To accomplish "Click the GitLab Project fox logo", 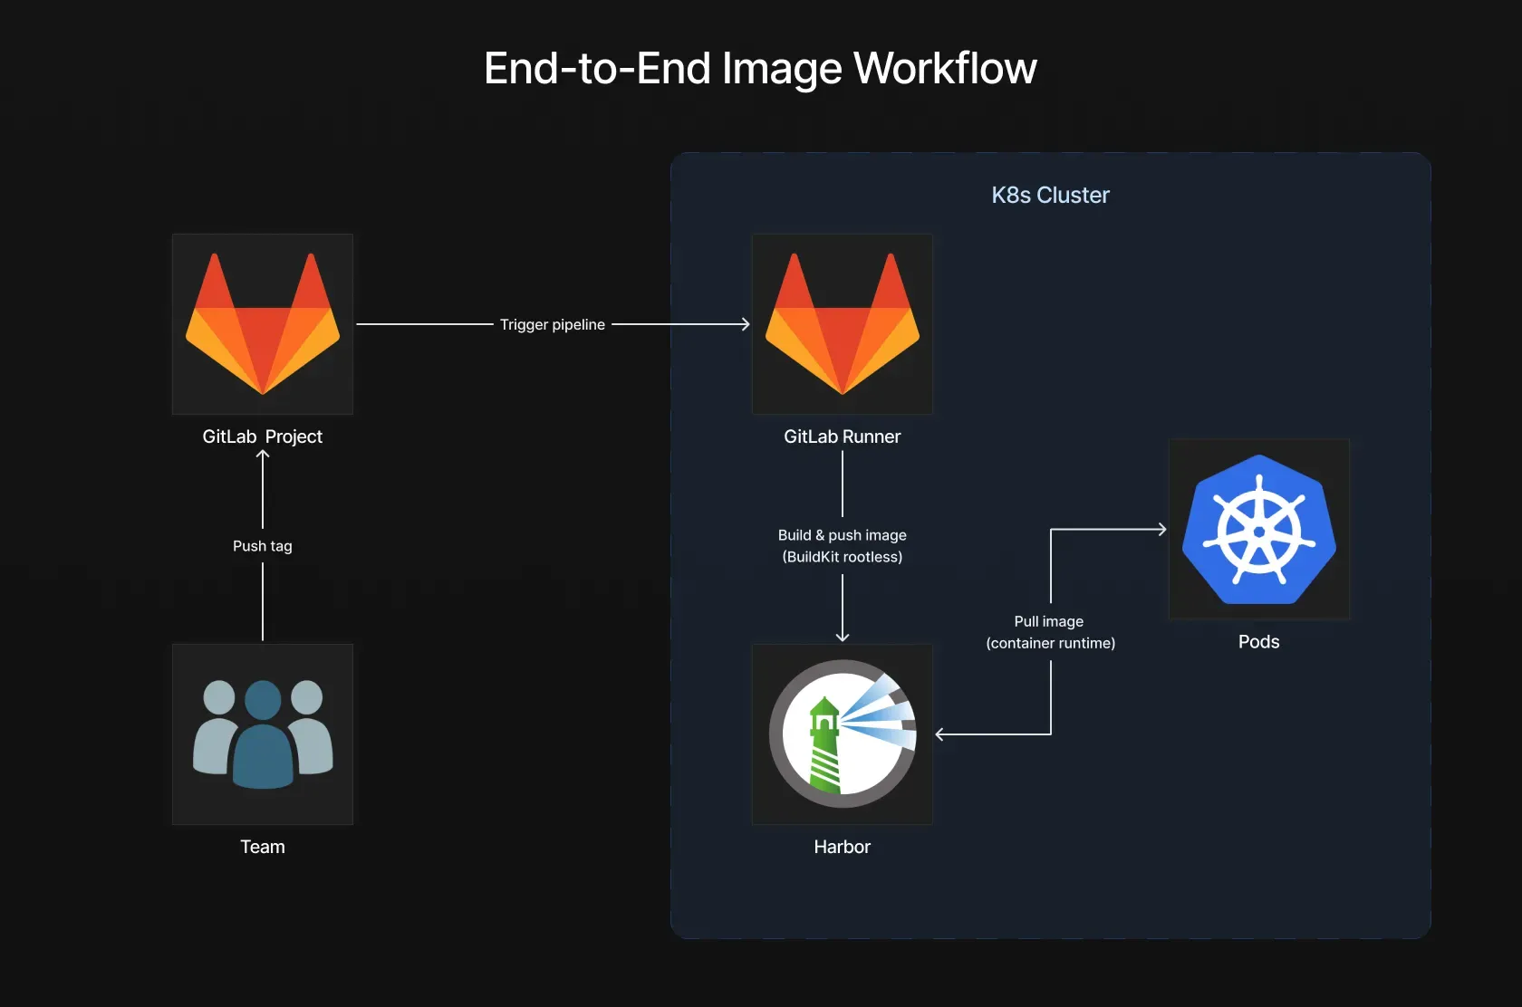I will (x=263, y=324).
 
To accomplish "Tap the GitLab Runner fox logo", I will (x=843, y=324).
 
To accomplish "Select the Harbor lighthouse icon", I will (x=843, y=734).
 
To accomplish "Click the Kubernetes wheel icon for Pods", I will (x=1259, y=530).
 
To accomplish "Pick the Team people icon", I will (x=263, y=734).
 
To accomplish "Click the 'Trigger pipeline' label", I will (x=553, y=324).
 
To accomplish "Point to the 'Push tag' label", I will (x=263, y=546).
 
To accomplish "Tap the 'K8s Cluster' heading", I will (x=1050, y=195).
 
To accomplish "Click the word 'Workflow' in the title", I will (x=945, y=69).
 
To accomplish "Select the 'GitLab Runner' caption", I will (x=843, y=436).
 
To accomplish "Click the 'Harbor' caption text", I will (x=843, y=847).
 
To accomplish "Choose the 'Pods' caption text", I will (x=1259, y=642).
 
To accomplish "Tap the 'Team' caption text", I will (x=263, y=847).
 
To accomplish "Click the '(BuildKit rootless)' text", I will (x=843, y=557).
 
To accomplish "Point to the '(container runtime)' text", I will (x=1051, y=643).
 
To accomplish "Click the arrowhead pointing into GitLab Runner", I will (x=746, y=324).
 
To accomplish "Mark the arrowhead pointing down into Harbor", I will (x=843, y=637).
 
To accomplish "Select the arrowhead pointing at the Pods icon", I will (x=1161, y=530).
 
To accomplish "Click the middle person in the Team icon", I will (x=263, y=735).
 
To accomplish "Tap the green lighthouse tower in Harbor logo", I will (x=824, y=747).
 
